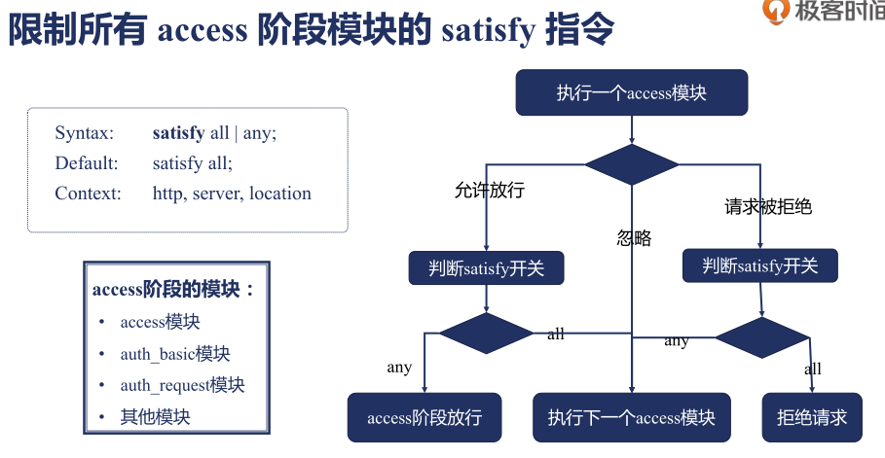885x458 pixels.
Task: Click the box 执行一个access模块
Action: tap(631, 93)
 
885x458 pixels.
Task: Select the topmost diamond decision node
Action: tap(631, 164)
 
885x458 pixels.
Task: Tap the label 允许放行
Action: tap(489, 191)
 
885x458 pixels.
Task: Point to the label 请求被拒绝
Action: tap(768, 206)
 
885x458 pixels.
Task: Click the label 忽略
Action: tap(634, 238)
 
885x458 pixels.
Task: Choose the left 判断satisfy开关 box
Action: tap(486, 268)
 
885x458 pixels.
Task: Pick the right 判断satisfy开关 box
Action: tap(759, 265)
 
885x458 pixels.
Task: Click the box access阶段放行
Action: tap(424, 418)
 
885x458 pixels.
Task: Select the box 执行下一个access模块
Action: tap(631, 418)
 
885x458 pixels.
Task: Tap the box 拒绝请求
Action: tap(811, 418)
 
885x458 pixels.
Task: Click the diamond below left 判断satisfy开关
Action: tap(486, 333)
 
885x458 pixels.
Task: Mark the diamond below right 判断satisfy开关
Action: tap(762, 337)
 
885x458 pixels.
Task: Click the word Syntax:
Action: tap(85, 133)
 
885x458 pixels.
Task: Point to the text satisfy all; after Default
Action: tap(193, 163)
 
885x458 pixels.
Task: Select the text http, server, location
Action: tap(232, 194)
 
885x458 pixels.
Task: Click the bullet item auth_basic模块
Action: tap(175, 354)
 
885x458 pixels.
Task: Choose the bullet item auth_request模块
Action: tap(182, 385)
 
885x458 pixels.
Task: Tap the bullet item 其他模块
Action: tap(155, 416)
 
